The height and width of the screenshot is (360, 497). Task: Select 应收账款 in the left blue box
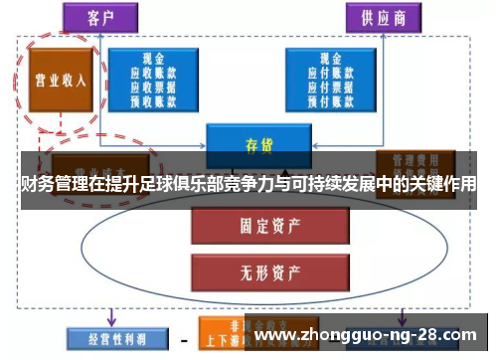(152, 73)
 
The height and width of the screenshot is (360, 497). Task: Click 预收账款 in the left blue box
(152, 100)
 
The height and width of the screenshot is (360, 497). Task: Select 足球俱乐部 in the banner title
(188, 185)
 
